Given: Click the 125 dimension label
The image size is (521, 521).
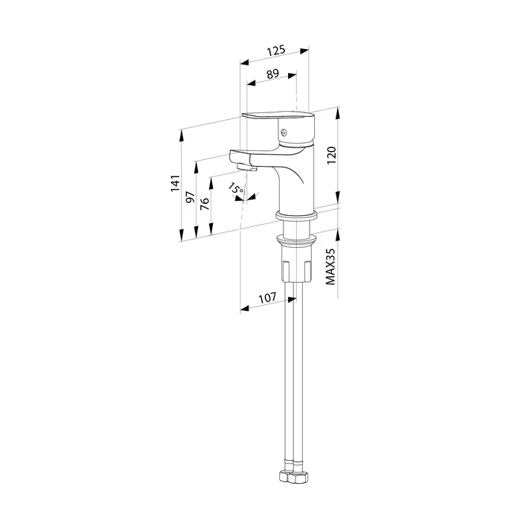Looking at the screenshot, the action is pyautogui.click(x=276, y=51).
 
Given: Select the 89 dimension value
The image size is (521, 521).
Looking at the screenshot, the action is pyautogui.click(x=273, y=74).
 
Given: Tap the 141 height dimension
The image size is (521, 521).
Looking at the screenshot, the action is pyautogui.click(x=176, y=183).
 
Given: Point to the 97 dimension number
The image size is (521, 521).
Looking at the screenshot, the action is pyautogui.click(x=191, y=197).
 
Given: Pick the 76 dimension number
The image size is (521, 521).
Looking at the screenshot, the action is pyautogui.click(x=205, y=203).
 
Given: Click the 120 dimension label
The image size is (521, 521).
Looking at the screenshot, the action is pyautogui.click(x=332, y=155).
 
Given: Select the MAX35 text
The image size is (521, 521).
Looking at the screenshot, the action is pyautogui.click(x=330, y=266).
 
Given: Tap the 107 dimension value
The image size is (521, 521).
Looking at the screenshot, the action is pyautogui.click(x=267, y=297).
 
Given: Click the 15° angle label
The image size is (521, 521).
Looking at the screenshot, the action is pyautogui.click(x=236, y=189).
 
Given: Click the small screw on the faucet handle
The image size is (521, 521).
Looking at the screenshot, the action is pyautogui.click(x=283, y=132).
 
